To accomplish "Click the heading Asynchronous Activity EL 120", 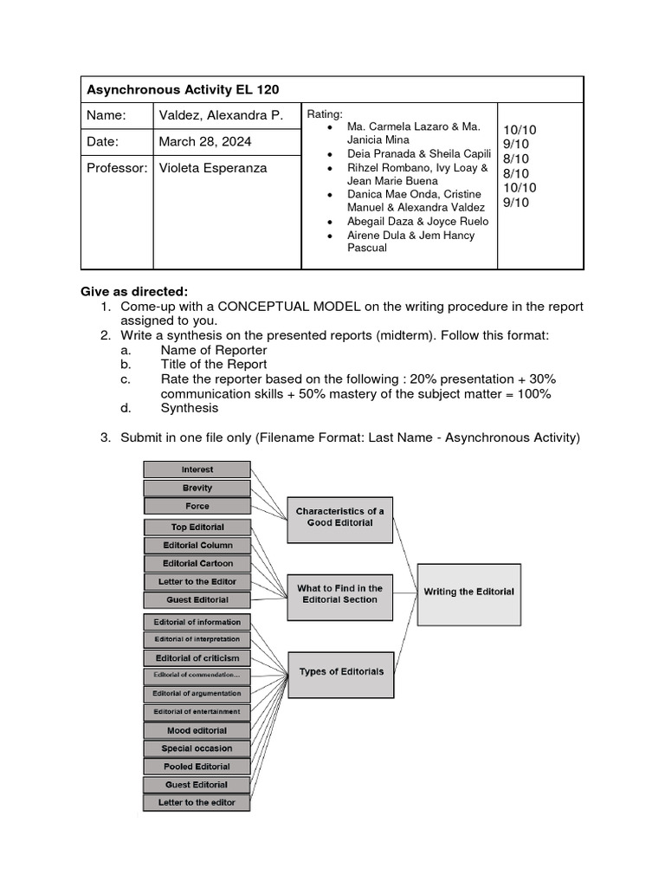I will pyautogui.click(x=182, y=90).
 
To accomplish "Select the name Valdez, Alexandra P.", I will pyautogui.click(x=221, y=115).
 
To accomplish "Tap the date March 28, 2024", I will pyautogui.click(x=199, y=141).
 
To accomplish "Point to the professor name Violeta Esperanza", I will pyautogui.click(x=213, y=168).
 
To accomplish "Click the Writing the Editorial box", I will pyautogui.click(x=468, y=592).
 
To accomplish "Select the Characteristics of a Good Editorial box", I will pyautogui.click(x=339, y=517).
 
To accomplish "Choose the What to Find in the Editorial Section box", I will pyautogui.click(x=339, y=594).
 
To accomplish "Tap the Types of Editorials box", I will pyautogui.click(x=340, y=671).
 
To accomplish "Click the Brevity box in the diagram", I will pyautogui.click(x=197, y=488).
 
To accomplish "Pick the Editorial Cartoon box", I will pyautogui.click(x=197, y=563).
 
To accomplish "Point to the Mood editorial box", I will pyautogui.click(x=197, y=730).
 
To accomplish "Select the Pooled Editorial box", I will pyautogui.click(x=197, y=767).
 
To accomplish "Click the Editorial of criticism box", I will pyautogui.click(x=197, y=657).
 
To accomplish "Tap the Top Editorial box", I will pyautogui.click(x=197, y=527).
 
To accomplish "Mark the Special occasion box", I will pyautogui.click(x=197, y=748).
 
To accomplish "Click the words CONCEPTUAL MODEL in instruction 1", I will pyautogui.click(x=282, y=307).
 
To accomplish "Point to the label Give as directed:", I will pyautogui.click(x=134, y=291).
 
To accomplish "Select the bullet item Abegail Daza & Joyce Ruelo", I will pyautogui.click(x=417, y=222).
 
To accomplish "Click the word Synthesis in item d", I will pyautogui.click(x=190, y=408).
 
